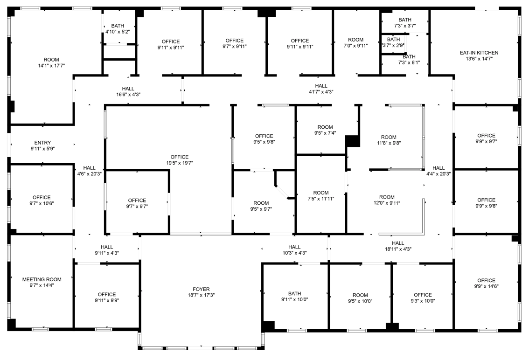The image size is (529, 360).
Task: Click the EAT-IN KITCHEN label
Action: point(479,53)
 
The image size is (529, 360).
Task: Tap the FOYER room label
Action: point(201,289)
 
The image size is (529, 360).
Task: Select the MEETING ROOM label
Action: point(42,279)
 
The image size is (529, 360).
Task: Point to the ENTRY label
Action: point(42,143)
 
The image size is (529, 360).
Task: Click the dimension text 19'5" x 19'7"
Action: point(180,163)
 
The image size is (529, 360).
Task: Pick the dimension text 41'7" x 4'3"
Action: point(321,92)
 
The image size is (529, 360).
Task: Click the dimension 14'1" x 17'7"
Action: point(51,66)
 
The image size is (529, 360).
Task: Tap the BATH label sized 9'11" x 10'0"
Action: point(294,293)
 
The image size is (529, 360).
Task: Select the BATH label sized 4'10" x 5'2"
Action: point(118,26)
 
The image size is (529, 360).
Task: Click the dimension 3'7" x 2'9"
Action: point(393,45)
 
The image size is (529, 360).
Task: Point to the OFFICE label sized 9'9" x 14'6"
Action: point(486,280)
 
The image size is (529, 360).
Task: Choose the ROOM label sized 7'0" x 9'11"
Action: point(355,40)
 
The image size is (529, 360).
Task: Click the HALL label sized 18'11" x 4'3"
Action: point(398,243)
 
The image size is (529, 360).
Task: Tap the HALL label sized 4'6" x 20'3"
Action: point(90,168)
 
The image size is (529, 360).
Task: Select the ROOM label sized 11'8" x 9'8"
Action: point(389,137)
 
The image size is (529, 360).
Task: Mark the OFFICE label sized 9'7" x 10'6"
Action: point(42,197)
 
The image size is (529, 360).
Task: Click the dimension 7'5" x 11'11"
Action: point(321,199)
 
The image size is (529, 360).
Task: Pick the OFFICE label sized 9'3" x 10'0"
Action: point(423,295)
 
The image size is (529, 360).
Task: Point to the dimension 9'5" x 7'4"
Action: point(325,133)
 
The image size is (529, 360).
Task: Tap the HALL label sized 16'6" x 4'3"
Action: point(128,89)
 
